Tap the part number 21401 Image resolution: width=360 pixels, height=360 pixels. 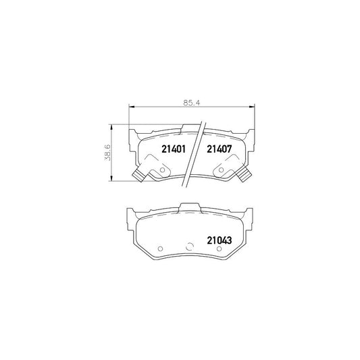(x=174, y=148)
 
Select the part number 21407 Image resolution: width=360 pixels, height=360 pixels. (x=220, y=148)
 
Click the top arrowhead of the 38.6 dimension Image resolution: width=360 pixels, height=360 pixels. (x=110, y=128)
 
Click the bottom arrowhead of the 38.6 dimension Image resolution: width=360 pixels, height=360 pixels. (x=110, y=180)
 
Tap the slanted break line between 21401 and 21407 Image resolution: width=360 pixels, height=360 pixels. (x=196, y=152)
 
